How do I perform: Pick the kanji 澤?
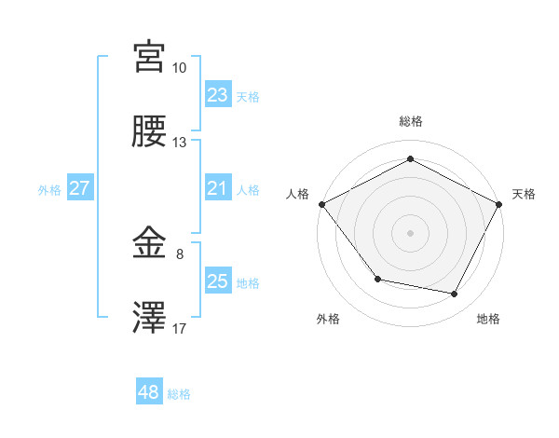(x=149, y=319)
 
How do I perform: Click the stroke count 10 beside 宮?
(x=180, y=68)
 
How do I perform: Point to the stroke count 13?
(x=180, y=143)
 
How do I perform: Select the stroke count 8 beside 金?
(x=180, y=253)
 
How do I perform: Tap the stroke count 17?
(x=180, y=327)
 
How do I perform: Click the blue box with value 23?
(x=218, y=94)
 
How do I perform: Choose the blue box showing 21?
(x=218, y=188)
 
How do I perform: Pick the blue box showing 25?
(x=218, y=281)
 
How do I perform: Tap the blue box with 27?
(x=80, y=188)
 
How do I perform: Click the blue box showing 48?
(x=149, y=392)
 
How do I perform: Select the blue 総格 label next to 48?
(x=179, y=394)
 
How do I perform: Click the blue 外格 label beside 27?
(x=49, y=189)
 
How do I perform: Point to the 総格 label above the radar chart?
(x=411, y=121)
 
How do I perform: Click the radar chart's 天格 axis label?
(x=525, y=194)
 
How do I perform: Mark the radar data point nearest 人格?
(x=321, y=204)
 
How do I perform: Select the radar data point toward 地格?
(x=455, y=294)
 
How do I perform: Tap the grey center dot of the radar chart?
(x=411, y=232)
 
